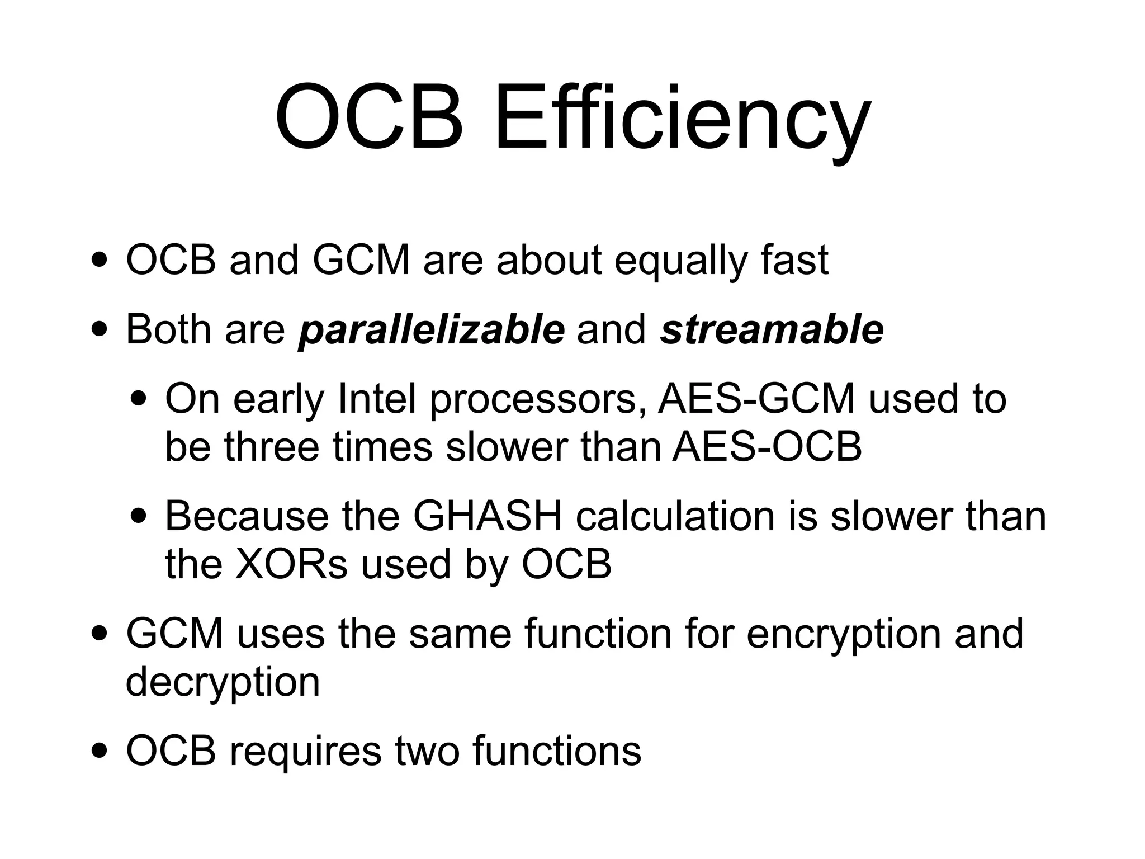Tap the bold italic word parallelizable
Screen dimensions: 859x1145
[x=432, y=330]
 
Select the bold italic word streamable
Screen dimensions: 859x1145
[x=772, y=330]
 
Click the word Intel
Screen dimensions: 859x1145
[x=377, y=399]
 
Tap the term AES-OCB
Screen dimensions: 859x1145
[x=767, y=447]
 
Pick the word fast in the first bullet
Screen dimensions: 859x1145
[x=794, y=261]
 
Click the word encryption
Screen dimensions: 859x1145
[x=844, y=635]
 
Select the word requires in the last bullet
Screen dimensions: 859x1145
[x=305, y=752]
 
